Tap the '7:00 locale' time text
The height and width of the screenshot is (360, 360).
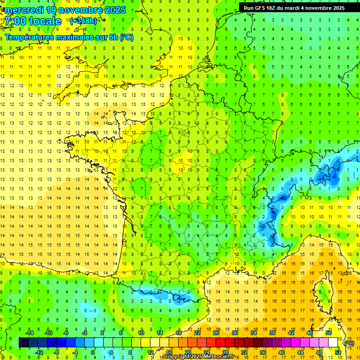33,21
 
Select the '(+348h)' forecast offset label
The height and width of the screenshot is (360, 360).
83,21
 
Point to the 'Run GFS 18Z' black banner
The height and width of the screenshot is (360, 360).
294,7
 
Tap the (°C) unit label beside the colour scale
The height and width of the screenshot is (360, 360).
349,343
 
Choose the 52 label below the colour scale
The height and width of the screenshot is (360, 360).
338,352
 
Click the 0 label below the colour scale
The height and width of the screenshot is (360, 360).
93,352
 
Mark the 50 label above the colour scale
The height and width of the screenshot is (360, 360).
329,333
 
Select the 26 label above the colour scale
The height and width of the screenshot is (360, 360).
216,333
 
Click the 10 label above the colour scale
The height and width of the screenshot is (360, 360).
141,333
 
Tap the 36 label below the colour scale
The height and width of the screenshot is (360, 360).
263,352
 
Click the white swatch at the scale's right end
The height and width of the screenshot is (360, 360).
333,343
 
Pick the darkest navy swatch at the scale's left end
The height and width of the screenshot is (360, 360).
23,343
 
